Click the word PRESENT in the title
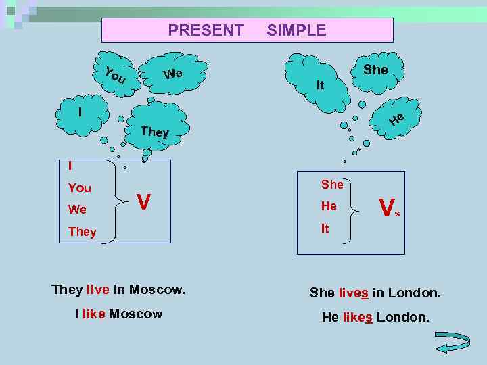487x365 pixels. [x=206, y=30]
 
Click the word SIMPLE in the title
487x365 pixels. [x=296, y=30]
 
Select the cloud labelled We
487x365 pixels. [x=175, y=73]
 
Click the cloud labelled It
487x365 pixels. [x=318, y=80]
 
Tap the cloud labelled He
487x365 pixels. [x=396, y=119]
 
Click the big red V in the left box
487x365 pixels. [x=143, y=201]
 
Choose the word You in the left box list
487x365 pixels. [x=80, y=188]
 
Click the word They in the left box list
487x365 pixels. [x=83, y=232]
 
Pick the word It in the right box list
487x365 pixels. [x=325, y=229]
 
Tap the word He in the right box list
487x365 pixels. [x=329, y=206]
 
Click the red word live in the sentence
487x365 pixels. [x=98, y=290]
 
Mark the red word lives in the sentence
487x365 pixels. [x=354, y=293]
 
